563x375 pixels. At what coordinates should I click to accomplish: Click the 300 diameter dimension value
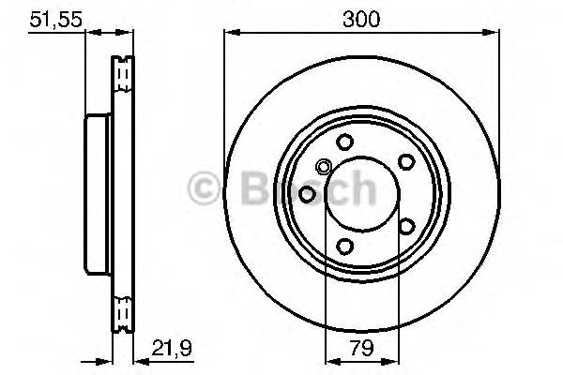click(361, 19)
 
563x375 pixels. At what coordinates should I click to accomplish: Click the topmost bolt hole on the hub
click(344, 142)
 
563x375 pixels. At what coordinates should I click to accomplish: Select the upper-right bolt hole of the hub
click(406, 160)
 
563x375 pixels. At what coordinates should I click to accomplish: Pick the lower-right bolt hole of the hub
click(406, 226)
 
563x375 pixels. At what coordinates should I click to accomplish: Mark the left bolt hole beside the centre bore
click(306, 194)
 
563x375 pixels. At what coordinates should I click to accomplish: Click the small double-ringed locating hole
click(324, 169)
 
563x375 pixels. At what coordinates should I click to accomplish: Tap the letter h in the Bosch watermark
click(358, 188)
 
